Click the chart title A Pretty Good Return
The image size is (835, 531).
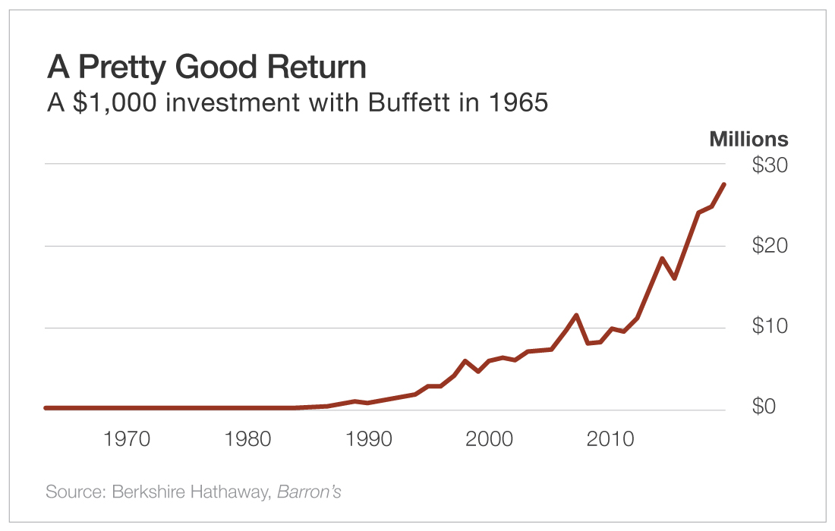point(206,68)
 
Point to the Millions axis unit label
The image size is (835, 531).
point(748,140)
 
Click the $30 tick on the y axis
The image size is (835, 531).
point(770,165)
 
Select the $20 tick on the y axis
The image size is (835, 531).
point(770,246)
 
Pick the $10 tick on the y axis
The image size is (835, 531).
point(770,327)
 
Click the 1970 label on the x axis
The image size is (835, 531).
point(128,439)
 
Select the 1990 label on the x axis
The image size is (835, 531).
point(368,439)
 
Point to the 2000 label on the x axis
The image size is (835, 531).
point(489,439)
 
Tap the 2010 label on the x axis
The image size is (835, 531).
point(610,439)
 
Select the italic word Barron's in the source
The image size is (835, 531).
point(309,492)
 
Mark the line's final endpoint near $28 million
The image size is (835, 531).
point(724,184)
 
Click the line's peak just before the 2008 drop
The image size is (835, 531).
point(577,315)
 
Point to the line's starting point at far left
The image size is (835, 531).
point(46,408)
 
